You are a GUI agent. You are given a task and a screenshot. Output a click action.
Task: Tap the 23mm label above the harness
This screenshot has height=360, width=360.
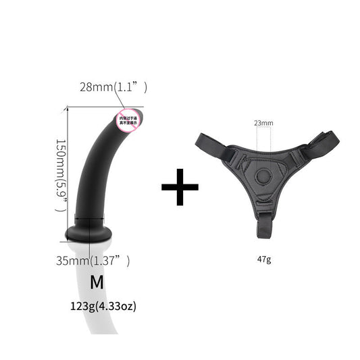click(264, 124)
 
